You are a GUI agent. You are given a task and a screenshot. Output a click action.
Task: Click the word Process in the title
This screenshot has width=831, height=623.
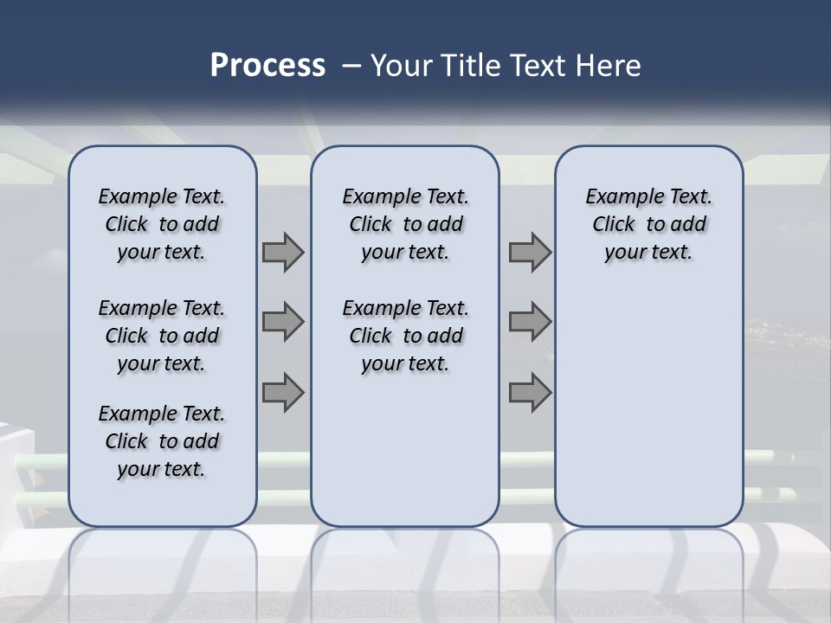267,66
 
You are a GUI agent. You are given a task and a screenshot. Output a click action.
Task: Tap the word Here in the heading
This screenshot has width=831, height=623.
609,66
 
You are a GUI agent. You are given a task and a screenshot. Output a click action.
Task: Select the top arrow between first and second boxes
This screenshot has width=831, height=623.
283,253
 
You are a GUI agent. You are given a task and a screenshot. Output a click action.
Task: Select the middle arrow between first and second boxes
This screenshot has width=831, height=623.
283,323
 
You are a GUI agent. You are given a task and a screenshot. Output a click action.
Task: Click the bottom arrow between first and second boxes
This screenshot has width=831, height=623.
283,392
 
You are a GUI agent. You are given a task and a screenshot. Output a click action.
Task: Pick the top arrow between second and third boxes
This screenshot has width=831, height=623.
530,253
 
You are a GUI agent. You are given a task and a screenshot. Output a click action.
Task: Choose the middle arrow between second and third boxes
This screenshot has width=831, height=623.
530,323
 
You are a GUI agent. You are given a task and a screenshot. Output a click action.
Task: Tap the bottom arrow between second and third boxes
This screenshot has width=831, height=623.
530,392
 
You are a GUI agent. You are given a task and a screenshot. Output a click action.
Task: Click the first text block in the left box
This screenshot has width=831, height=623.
162,224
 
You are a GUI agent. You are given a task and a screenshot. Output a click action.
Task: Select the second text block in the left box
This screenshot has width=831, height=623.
162,336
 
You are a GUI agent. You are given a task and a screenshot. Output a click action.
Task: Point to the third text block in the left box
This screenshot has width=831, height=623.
162,441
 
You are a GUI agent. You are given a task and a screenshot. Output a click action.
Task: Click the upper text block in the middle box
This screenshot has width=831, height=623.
405,224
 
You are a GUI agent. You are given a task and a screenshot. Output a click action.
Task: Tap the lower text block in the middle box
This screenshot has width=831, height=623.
405,336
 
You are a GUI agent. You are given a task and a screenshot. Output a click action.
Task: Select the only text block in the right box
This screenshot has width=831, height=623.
648,224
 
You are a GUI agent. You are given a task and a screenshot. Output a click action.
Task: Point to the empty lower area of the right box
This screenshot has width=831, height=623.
648,398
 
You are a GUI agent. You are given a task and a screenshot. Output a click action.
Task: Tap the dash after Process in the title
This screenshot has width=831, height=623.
351,66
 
